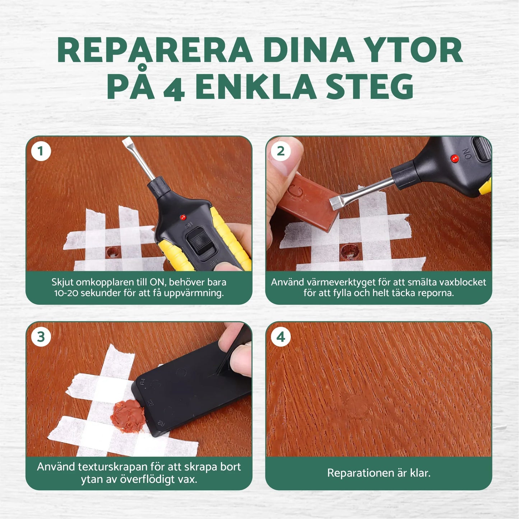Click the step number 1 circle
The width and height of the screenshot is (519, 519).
click(41, 151)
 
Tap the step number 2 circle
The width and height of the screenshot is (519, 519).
click(281, 151)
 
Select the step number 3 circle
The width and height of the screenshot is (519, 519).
click(41, 337)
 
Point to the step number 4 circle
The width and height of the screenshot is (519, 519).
click(281, 337)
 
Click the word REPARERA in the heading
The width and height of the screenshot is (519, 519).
click(155, 50)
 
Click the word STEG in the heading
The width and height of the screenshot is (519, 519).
click(370, 87)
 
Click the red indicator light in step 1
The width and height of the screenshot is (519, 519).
click(183, 217)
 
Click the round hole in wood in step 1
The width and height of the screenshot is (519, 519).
click(113, 252)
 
